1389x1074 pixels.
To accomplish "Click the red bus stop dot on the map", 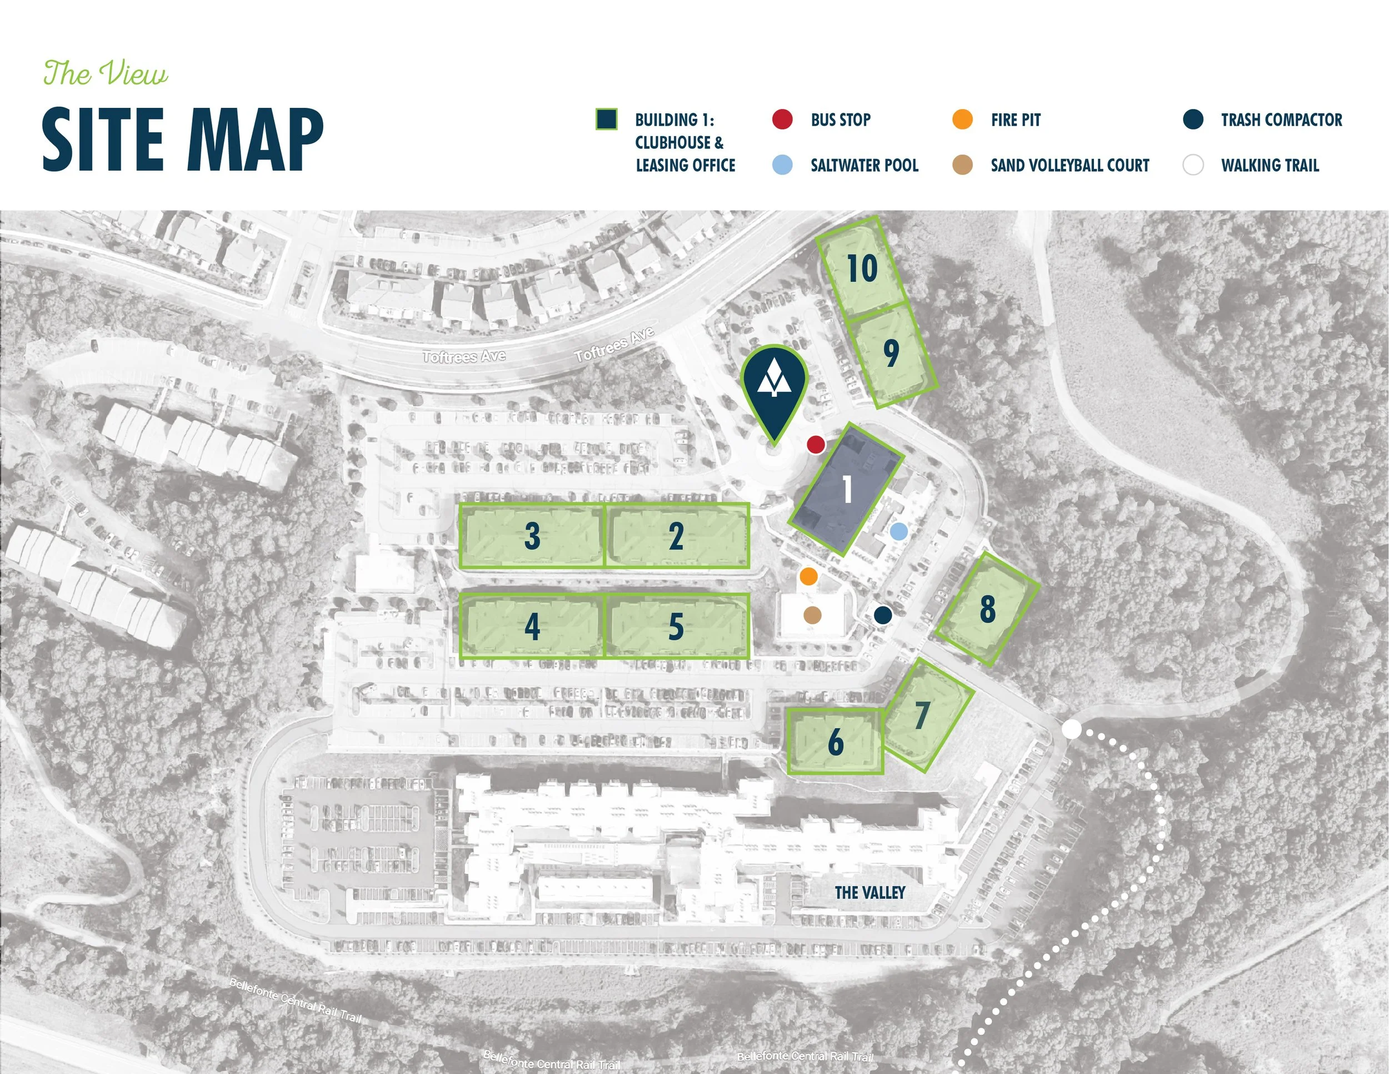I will [816, 444].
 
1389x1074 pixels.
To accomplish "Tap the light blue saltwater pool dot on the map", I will [898, 531].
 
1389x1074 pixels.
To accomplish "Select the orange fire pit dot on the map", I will [808, 576].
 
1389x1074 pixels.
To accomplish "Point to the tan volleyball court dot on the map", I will [813, 615].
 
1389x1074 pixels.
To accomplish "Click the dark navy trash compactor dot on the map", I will [883, 615].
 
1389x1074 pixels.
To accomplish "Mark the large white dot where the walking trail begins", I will [1072, 729].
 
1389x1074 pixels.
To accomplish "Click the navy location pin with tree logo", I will [775, 388].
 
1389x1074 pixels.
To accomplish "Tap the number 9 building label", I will [892, 353].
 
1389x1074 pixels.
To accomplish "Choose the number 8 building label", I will [987, 608].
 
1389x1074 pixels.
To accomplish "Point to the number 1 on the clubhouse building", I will [847, 489].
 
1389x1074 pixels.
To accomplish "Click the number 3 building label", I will [532, 536].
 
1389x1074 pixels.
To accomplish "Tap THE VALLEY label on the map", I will [870, 893].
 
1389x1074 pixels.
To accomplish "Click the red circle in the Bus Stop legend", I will [782, 120].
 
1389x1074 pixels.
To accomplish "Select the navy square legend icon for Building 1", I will [606, 120].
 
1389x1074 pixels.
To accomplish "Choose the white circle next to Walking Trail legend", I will [1192, 166].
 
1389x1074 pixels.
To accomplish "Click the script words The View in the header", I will [106, 73].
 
